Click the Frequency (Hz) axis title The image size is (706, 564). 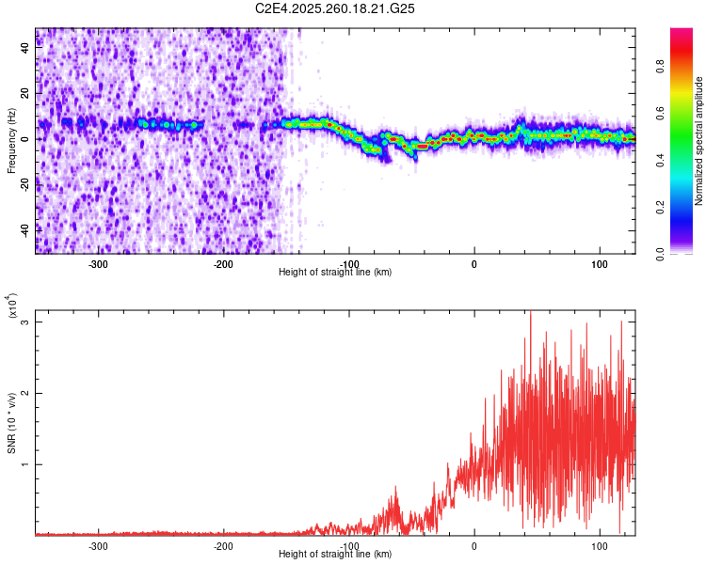pos(11,141)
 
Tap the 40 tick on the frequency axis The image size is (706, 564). pos(26,48)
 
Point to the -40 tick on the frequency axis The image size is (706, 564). pos(26,228)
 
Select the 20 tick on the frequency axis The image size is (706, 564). pos(26,93)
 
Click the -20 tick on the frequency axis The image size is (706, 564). pos(26,183)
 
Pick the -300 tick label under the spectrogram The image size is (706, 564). pos(99,263)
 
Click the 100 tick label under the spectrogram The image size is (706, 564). pos(599,263)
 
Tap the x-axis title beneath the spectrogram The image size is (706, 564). pos(335,272)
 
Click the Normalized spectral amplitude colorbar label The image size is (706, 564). pos(699,141)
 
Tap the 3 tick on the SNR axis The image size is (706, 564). pos(26,321)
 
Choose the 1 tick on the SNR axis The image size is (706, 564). pos(26,464)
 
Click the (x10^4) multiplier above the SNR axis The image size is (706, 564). pos(13,305)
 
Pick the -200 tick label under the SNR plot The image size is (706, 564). pos(224,545)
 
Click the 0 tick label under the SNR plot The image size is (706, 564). pos(473,545)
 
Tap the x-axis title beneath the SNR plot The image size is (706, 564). pos(335,554)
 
